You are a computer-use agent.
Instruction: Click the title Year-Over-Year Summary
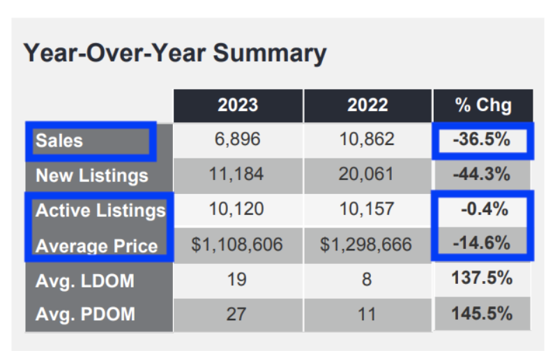tap(175, 53)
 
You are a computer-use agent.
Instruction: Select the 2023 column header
tap(238, 105)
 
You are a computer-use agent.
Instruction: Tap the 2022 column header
tap(367, 105)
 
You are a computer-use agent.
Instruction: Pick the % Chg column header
tap(483, 105)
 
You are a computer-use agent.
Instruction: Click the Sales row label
tap(59, 141)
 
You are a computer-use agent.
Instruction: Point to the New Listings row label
tap(92, 175)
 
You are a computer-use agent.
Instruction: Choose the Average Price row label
tap(97, 246)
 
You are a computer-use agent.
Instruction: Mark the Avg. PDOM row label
tap(85, 313)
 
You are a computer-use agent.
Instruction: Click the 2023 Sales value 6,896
tap(238, 140)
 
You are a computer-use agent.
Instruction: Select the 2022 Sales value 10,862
tap(367, 140)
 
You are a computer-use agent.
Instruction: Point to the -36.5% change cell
tap(482, 140)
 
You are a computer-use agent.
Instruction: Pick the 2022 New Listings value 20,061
tap(367, 174)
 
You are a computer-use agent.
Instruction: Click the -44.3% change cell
tap(482, 174)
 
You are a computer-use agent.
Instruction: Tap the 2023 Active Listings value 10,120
tap(238, 209)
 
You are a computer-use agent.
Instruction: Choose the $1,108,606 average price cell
tap(238, 245)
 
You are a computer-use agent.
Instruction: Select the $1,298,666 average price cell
tap(367, 245)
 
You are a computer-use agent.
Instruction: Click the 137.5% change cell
tap(483, 278)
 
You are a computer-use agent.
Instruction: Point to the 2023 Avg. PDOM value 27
tap(238, 313)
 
